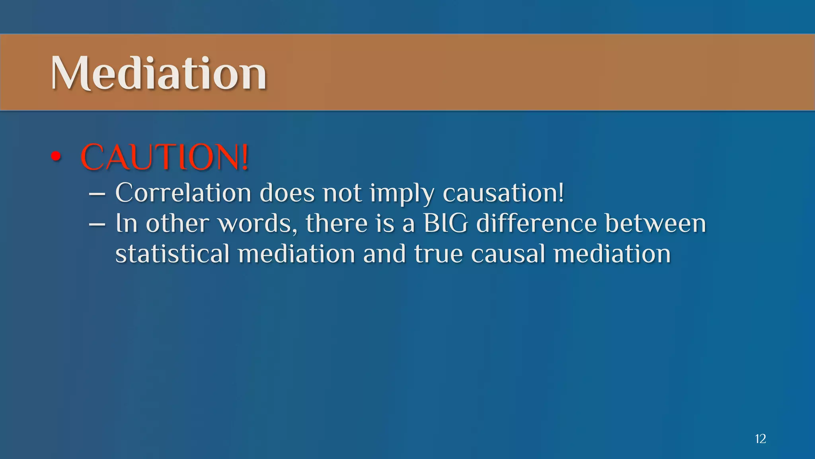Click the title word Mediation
point(158,73)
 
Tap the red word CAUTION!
point(165,157)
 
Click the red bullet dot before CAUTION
point(56,157)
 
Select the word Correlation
point(183,193)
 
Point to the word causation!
point(503,193)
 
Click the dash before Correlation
point(97,194)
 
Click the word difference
point(536,223)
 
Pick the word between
point(655,223)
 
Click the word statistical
point(172,254)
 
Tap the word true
point(438,254)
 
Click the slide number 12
point(760,439)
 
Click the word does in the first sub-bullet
point(287,193)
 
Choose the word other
point(177,223)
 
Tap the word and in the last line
point(384,254)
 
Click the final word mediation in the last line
point(612,254)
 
